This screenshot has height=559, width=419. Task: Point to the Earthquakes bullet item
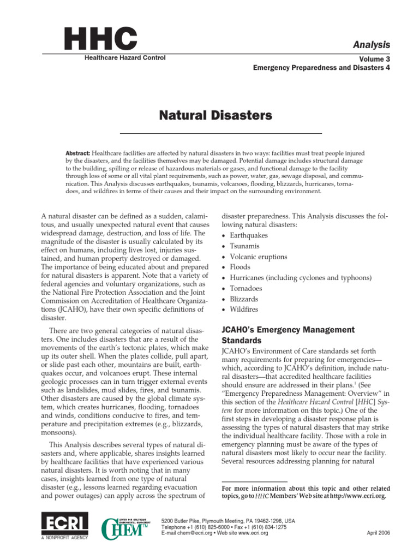click(x=249, y=235)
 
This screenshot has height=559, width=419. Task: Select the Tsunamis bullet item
click(x=244, y=246)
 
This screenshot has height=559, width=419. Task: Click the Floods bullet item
click(x=240, y=267)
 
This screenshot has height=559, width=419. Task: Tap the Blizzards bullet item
click(x=245, y=299)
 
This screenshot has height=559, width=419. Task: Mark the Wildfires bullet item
click(x=244, y=310)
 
